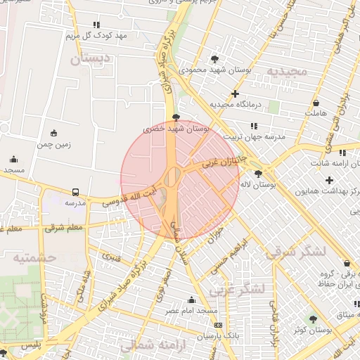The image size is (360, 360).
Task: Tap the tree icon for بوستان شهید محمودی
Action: pos(214,59)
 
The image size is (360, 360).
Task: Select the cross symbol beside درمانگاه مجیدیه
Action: pos(235,94)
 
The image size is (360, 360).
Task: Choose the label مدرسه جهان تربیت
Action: pos(254,137)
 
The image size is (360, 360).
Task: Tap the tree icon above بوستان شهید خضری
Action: pos(175,117)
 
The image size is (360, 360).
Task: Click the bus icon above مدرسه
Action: pos(75,192)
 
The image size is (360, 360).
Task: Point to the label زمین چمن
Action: pos(54,144)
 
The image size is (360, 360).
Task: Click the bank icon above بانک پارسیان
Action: pos(218,326)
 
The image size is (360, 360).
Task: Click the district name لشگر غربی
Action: pos(241,288)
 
